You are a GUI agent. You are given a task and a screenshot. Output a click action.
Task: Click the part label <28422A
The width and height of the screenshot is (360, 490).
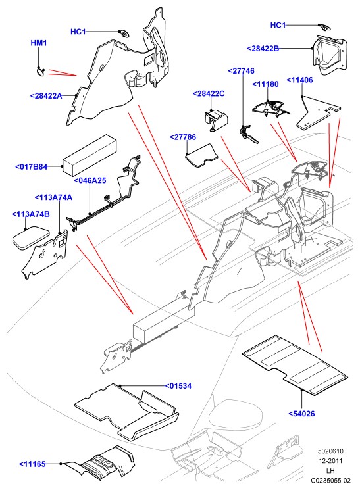click(x=46, y=96)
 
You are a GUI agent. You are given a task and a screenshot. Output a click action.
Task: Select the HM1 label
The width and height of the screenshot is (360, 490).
click(x=39, y=43)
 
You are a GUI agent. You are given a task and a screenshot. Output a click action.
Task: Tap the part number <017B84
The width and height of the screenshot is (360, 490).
click(x=32, y=167)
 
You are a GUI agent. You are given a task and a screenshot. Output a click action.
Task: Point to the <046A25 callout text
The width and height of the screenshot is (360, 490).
click(x=90, y=180)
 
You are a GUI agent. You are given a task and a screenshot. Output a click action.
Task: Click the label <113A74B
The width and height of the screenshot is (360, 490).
click(x=31, y=214)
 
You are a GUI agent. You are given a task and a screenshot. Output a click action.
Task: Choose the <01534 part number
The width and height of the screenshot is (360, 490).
click(x=178, y=386)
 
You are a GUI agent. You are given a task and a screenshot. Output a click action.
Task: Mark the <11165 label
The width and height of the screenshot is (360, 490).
click(x=32, y=464)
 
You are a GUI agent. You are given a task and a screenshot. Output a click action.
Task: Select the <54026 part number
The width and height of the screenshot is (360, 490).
click(x=301, y=414)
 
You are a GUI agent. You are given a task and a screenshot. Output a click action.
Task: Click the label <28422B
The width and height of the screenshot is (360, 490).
click(x=263, y=49)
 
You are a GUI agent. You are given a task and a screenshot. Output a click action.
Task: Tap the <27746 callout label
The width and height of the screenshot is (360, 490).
click(x=241, y=71)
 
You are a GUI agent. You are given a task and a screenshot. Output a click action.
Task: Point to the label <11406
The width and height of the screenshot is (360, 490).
click(x=299, y=80)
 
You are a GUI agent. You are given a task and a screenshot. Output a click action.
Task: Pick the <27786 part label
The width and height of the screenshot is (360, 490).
click(x=183, y=137)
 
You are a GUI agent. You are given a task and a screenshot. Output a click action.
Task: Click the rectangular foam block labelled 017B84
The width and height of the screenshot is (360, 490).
click(x=90, y=156)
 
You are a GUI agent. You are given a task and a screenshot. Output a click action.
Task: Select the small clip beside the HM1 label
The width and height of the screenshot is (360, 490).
click(x=40, y=72)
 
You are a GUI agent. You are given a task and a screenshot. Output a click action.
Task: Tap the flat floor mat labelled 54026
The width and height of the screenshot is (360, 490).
click(x=296, y=365)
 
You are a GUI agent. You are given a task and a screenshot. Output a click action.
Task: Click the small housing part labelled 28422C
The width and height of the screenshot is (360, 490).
click(x=215, y=119)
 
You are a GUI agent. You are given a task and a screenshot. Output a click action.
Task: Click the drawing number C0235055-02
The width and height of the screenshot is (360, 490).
click(x=330, y=480)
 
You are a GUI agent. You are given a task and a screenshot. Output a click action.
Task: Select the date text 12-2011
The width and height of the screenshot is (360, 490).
click(x=330, y=460)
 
